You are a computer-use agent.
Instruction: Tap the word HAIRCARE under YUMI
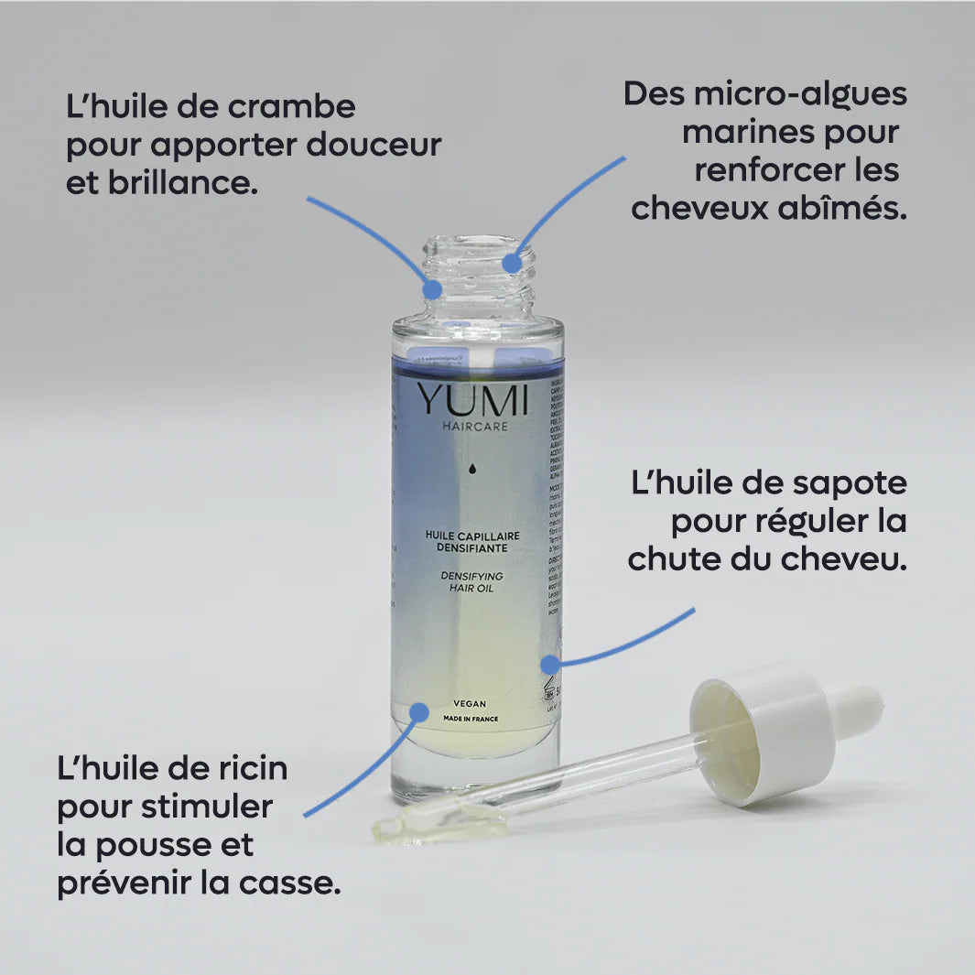click(473, 426)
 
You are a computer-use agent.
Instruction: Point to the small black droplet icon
click(472, 469)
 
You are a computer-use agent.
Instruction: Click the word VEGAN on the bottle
click(470, 704)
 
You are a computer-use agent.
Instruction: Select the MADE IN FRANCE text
click(471, 720)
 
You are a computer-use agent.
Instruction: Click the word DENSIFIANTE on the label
click(472, 547)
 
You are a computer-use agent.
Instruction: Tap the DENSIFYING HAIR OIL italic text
click(472, 581)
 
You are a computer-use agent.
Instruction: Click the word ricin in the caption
click(250, 768)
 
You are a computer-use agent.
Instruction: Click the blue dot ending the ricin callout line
click(418, 711)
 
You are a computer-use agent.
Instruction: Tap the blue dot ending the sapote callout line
click(549, 664)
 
